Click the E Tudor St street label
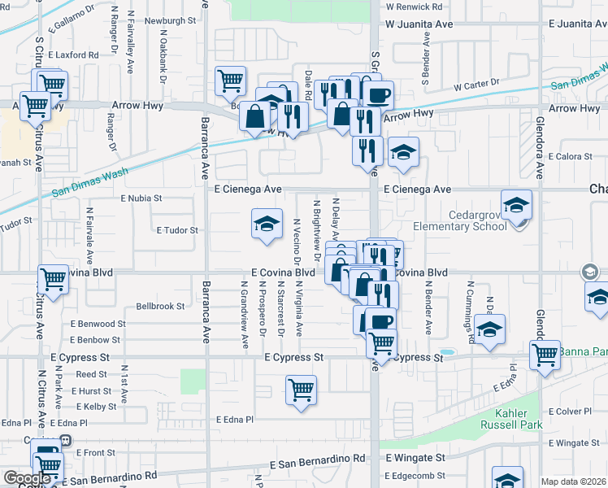point(177,230)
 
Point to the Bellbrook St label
point(160,307)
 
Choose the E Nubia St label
point(141,198)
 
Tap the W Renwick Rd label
point(415,6)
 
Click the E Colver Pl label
point(573,412)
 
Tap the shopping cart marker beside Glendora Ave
point(545,354)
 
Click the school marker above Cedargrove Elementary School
point(516,205)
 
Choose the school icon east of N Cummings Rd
point(490,329)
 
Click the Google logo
point(27,478)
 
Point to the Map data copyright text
point(574,481)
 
